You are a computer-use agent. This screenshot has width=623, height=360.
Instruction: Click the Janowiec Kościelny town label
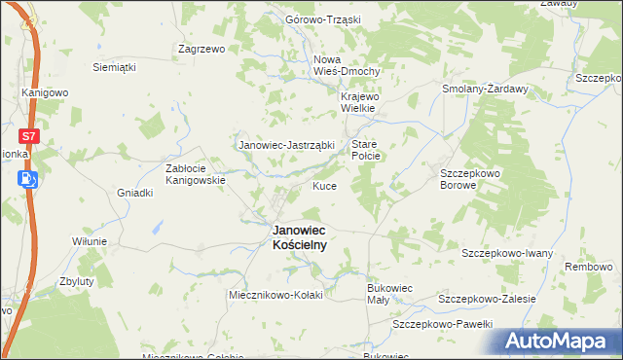(299, 238)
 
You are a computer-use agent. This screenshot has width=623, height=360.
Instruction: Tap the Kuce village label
(324, 186)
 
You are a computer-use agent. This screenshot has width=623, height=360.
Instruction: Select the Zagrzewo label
(202, 48)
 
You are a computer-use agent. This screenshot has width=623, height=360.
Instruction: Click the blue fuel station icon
(29, 178)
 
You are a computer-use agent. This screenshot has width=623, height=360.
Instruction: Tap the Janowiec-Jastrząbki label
(286, 146)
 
